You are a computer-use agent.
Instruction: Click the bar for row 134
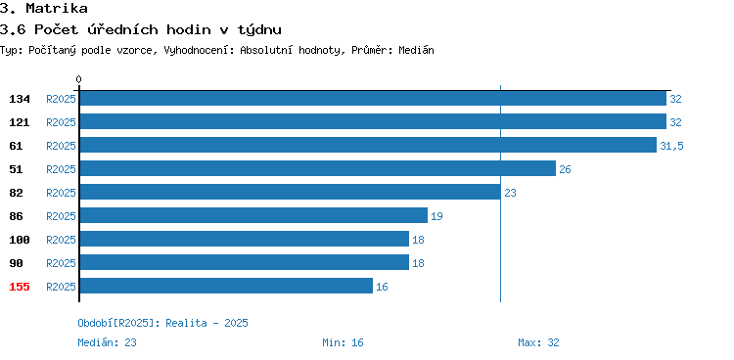click(373, 98)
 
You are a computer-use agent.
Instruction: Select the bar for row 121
click(373, 121)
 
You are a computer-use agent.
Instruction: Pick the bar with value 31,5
click(368, 145)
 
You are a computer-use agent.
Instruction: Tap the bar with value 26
click(318, 168)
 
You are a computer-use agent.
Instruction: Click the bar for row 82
click(291, 192)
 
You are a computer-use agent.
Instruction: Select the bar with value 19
click(253, 215)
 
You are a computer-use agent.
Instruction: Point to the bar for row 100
click(245, 239)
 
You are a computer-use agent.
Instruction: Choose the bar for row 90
click(245, 262)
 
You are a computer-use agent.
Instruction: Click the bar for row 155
click(226, 286)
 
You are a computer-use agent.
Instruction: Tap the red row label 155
click(20, 287)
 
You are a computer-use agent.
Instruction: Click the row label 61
click(16, 146)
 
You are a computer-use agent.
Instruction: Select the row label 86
click(16, 216)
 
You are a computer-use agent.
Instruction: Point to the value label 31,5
click(671, 146)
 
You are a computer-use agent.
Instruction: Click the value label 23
click(510, 193)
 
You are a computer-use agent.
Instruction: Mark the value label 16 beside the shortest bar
click(382, 287)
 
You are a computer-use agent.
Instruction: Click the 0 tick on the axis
click(78, 79)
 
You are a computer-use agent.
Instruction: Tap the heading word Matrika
click(57, 8)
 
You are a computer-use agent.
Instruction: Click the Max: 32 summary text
click(538, 342)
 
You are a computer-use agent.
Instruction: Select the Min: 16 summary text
click(343, 342)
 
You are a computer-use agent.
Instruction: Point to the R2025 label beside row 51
click(61, 169)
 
